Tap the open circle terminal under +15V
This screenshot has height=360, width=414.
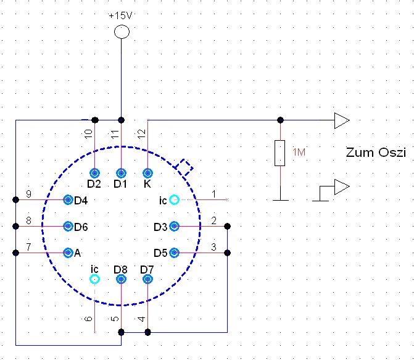pyautogui.click(x=122, y=32)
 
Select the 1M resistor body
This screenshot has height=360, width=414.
pyautogui.click(x=280, y=153)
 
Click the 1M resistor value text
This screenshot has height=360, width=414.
pyautogui.click(x=298, y=153)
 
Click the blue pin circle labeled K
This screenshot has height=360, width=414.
pyautogui.click(x=147, y=173)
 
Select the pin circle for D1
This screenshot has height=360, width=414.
pyautogui.click(x=122, y=173)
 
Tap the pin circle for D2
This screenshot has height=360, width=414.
pyautogui.click(x=95, y=173)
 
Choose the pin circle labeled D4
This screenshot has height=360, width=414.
pyautogui.click(x=68, y=199)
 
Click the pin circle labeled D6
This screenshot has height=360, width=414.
pyautogui.click(x=68, y=226)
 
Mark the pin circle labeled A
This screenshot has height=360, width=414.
pyautogui.click(x=68, y=252)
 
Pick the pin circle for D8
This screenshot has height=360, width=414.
pyautogui.click(x=122, y=279)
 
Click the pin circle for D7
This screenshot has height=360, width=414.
pyautogui.click(x=147, y=279)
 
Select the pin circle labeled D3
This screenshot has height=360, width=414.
pyautogui.click(x=175, y=226)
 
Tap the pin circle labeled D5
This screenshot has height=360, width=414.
pyautogui.click(x=175, y=252)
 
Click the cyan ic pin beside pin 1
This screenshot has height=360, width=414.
pyautogui.click(x=175, y=199)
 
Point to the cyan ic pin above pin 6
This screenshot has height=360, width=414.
pyautogui.click(x=95, y=279)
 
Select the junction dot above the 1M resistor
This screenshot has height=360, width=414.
pyautogui.click(x=280, y=120)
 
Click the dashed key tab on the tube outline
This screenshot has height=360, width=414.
pyautogui.click(x=184, y=166)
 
